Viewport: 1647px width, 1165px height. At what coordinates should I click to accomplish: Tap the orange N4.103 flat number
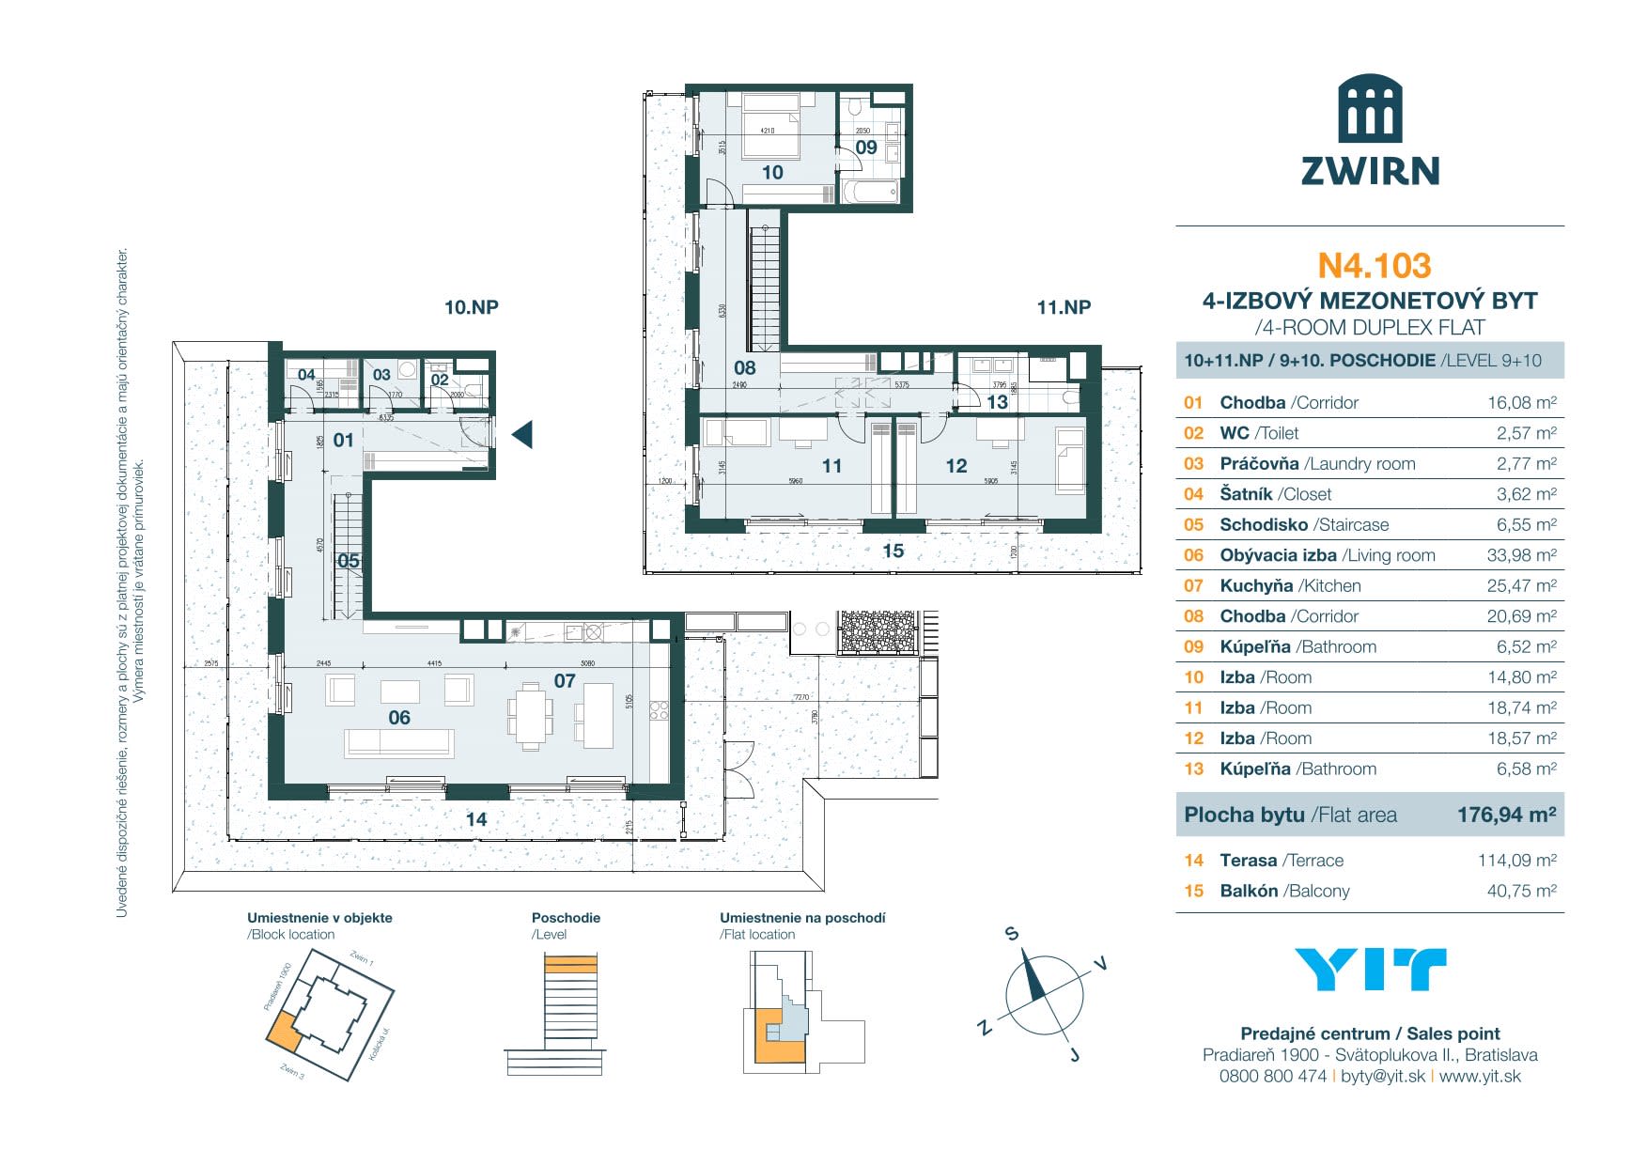pos(1374,266)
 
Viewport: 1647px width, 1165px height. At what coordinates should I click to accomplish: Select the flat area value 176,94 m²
pos(1506,815)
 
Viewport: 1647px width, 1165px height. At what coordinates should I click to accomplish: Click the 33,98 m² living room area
pos(1521,555)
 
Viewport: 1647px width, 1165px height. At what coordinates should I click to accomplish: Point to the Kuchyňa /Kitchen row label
pos(1290,585)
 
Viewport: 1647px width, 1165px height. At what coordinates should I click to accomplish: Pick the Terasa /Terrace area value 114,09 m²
pos(1516,860)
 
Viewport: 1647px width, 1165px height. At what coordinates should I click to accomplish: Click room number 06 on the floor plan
pos(399,718)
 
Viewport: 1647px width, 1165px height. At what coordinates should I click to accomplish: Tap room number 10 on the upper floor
pos(772,173)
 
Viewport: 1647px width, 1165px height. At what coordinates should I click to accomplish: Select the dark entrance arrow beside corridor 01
pos(522,434)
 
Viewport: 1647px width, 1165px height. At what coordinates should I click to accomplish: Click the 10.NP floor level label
pos(471,307)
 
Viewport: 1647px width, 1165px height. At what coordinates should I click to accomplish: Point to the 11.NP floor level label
pos(1064,307)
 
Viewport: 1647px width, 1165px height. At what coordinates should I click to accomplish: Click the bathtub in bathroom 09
pos(870,193)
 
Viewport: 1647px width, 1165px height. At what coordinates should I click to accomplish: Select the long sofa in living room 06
pos(399,743)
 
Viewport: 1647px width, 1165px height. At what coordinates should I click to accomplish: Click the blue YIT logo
pos(1370,970)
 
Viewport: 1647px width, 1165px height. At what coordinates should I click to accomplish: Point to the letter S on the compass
pos(1012,934)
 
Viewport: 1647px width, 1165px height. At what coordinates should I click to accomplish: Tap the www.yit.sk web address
pos(1480,1077)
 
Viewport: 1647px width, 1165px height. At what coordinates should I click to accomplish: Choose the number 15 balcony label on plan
pos(893,551)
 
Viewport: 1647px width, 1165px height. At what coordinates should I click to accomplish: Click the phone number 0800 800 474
pos(1272,1077)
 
